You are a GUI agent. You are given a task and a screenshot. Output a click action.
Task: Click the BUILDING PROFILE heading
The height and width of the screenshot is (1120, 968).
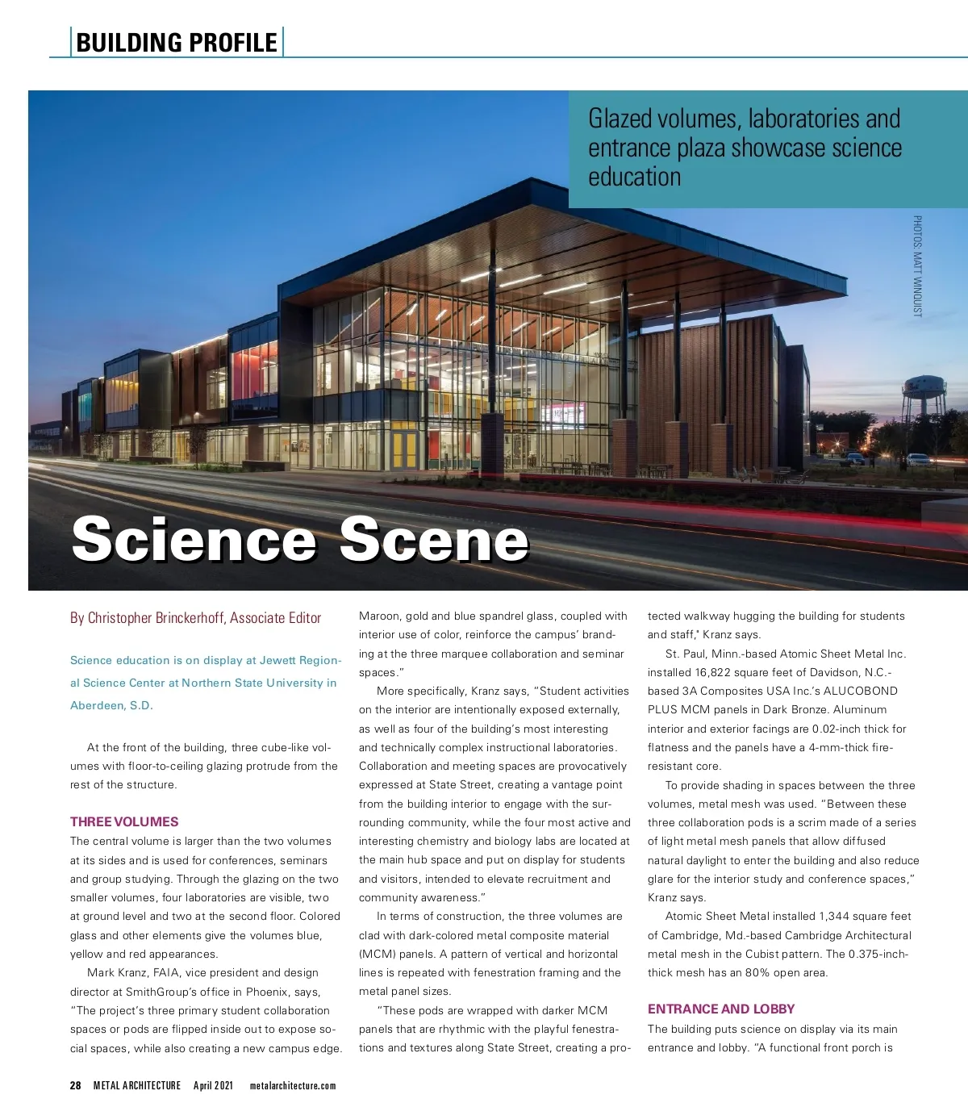point(177,42)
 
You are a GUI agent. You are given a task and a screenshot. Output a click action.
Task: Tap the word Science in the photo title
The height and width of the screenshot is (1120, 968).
point(194,539)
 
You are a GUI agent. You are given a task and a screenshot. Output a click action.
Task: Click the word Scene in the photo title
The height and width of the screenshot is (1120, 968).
point(434,539)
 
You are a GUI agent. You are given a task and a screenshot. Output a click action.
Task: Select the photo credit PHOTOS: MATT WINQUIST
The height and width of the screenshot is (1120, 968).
point(917,265)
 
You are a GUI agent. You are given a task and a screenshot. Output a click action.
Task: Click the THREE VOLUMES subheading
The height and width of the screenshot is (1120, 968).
point(124,821)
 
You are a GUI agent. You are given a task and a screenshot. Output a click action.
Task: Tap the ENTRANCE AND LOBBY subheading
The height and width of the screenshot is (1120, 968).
point(721,1009)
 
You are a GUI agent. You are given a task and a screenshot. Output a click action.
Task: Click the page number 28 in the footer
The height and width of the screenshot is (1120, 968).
point(75,1085)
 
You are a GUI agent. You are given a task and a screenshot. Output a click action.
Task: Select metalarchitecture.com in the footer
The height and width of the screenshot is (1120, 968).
point(293,1085)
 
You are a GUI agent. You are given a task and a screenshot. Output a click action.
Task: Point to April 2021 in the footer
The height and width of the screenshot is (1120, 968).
point(213,1085)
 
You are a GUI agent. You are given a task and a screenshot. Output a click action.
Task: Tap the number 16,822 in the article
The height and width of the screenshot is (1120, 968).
point(734,672)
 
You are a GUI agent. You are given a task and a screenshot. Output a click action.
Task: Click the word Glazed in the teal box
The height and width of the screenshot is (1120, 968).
point(620,119)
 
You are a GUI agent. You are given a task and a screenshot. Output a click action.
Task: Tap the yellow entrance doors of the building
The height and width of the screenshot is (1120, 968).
point(405,449)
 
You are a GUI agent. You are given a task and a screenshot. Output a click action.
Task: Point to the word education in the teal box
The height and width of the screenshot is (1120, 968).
point(635,177)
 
